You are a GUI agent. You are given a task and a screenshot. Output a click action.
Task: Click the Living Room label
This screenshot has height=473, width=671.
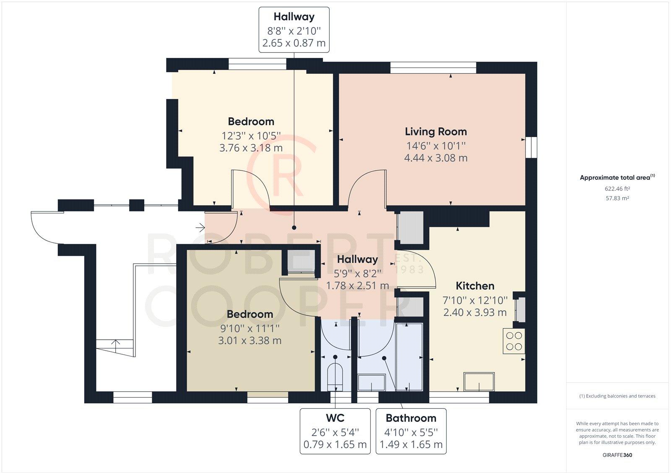[436, 132]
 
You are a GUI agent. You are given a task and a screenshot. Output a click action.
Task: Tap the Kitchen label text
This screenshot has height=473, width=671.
[475, 286]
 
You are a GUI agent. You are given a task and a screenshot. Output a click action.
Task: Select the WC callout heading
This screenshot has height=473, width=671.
[335, 418]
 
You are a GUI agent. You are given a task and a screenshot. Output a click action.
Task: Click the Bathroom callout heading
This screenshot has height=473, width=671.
[411, 418]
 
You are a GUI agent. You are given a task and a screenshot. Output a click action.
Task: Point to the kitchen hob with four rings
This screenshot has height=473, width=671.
[514, 341]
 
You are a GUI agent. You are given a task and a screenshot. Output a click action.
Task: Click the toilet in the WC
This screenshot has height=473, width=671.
[335, 377]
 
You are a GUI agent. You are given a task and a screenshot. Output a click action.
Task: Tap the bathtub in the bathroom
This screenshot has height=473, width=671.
[409, 357]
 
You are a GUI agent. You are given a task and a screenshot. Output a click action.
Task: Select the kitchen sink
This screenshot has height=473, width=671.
[479, 382]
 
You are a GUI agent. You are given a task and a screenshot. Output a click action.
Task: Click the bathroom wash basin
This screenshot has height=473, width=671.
[372, 382]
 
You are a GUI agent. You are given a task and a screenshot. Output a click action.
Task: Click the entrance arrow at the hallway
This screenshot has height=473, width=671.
[200, 228]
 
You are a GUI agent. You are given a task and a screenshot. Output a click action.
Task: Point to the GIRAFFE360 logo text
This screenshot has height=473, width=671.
[617, 455]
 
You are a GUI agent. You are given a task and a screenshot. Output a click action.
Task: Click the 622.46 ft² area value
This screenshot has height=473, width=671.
[617, 189]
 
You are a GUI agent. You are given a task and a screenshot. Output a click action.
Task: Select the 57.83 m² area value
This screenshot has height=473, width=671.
[617, 198]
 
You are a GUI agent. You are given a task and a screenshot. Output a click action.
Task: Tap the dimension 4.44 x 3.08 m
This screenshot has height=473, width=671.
[436, 158]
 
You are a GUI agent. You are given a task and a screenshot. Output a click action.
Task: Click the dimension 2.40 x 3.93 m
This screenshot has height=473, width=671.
[475, 312]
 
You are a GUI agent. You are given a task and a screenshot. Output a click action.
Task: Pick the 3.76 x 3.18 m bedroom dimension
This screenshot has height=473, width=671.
[251, 148]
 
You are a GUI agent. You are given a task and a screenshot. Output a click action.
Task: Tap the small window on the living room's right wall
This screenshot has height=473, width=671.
[531, 147]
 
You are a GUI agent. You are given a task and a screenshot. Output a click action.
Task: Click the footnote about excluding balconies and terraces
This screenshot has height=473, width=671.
[617, 396]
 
